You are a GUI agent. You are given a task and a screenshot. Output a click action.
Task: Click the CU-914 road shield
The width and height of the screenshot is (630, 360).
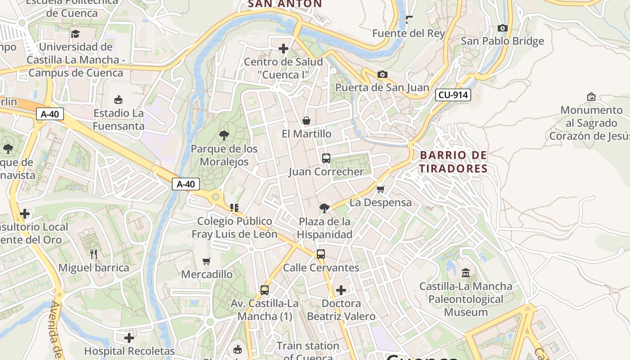(453, 95)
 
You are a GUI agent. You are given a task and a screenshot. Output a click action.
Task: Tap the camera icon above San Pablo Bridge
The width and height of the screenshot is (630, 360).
(503, 28)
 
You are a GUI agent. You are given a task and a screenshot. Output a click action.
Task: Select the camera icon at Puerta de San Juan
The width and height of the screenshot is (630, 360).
(382, 74)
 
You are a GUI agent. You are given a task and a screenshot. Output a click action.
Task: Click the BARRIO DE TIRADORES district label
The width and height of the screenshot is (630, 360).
(453, 162)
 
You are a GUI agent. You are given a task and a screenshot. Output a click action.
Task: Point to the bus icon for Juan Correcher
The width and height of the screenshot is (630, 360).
(326, 158)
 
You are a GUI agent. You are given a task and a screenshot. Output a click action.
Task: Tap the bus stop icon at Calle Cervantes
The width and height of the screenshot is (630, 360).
(320, 254)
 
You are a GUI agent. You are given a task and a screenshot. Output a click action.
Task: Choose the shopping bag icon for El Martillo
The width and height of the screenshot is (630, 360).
(306, 121)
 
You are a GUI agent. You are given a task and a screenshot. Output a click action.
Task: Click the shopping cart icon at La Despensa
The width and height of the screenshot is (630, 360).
(380, 189)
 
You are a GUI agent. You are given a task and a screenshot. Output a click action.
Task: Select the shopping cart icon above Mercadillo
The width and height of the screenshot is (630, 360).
(207, 261)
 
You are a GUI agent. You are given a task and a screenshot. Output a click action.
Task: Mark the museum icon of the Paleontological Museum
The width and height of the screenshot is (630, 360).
(466, 273)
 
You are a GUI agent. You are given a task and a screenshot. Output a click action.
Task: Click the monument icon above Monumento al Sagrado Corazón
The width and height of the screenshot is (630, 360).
(591, 97)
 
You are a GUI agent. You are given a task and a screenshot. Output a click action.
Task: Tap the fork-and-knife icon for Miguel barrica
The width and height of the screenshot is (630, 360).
(94, 254)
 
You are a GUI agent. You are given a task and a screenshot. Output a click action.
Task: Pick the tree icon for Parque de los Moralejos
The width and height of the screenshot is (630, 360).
(224, 135)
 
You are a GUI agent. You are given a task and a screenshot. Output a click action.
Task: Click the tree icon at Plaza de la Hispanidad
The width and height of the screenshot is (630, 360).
(324, 208)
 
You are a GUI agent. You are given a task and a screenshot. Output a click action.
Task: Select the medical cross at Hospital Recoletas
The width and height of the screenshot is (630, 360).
(129, 337)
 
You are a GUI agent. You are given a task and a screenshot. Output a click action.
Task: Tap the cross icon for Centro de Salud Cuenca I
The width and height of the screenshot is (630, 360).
(283, 48)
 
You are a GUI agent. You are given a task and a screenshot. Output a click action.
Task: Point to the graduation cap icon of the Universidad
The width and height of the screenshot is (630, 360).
(75, 34)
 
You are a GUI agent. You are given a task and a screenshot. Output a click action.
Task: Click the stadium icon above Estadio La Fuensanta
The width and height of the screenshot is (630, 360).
(118, 99)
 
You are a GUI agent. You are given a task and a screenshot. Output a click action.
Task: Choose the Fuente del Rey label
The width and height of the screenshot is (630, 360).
(409, 33)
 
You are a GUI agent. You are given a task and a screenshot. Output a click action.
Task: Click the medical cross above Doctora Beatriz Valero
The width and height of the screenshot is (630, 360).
(341, 290)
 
